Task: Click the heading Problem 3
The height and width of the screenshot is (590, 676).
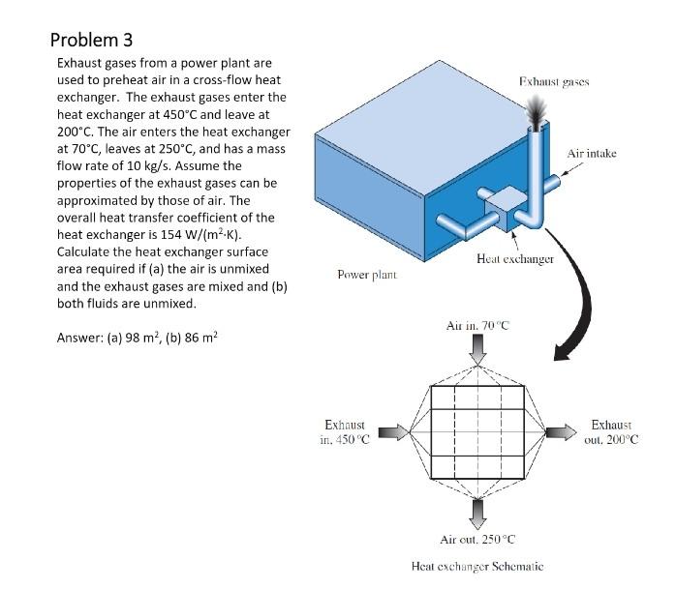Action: [91, 40]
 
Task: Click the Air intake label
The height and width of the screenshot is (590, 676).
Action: [592, 153]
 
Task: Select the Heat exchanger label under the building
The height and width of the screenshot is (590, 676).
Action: [515, 259]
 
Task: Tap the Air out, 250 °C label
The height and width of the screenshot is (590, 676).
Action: [477, 539]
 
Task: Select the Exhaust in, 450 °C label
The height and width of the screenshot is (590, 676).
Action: [344, 432]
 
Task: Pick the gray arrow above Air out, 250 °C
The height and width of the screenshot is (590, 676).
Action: [477, 511]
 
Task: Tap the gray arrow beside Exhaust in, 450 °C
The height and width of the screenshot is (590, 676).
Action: [390, 431]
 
